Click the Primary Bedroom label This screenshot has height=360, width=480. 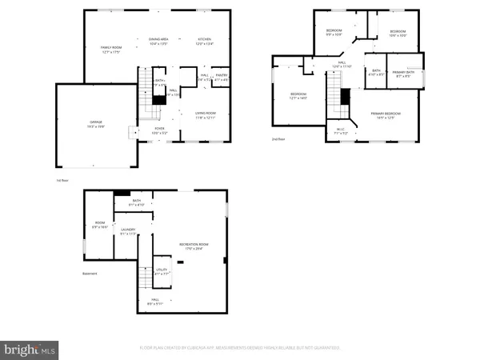pos(385,115)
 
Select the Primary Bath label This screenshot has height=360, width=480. pos(403,74)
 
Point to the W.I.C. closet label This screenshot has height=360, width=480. pos(339,130)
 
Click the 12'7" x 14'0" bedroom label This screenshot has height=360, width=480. pos(298,95)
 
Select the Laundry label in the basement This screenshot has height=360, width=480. pos(128,232)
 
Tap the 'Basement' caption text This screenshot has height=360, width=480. pos(89,274)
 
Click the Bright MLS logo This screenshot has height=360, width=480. pos(30,350)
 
